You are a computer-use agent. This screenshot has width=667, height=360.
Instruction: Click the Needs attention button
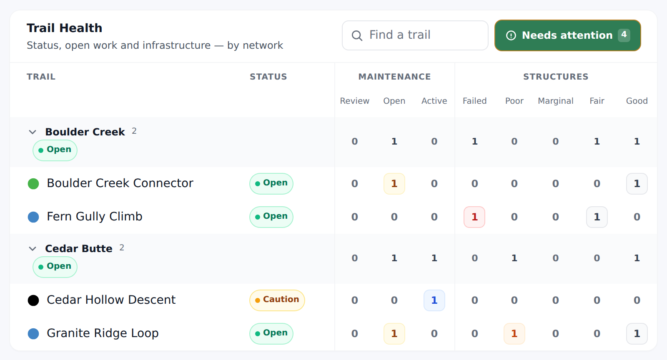pos(567,35)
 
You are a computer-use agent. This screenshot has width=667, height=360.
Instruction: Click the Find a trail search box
pos(415,35)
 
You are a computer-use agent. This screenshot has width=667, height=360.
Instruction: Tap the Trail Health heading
pos(64,28)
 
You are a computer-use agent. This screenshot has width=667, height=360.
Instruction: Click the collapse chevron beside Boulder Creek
pos(33,132)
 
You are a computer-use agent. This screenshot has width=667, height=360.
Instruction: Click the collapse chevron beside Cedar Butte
pos(33,248)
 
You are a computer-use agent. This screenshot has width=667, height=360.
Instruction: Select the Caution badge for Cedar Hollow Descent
pos(277,300)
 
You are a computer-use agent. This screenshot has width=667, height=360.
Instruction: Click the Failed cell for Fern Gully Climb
pos(474,217)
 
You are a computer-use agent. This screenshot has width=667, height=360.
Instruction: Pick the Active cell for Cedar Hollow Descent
pos(434,300)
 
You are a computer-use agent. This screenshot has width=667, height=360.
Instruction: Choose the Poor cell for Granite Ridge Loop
pos(514,333)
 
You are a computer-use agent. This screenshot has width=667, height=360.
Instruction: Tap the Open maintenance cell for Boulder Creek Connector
pos(394,184)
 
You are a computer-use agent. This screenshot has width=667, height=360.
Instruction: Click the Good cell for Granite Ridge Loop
pos(637,333)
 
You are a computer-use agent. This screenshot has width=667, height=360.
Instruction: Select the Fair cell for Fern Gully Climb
pos(597,217)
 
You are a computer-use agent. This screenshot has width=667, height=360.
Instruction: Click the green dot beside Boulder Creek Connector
pos(33,184)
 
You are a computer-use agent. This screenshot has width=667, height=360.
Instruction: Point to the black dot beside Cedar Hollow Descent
pos(33,300)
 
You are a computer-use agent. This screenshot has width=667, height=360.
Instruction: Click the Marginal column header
pos(556,101)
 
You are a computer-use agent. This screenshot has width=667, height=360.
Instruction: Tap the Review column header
pos(355,101)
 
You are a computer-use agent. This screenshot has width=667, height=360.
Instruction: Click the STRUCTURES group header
pos(556,77)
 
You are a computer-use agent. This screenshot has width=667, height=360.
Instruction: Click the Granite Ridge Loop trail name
pos(103,333)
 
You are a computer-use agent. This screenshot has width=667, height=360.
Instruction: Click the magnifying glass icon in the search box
pos(357,35)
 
